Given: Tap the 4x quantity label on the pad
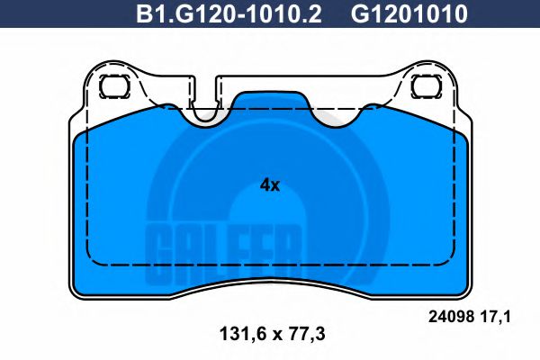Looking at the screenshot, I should tap(270, 185).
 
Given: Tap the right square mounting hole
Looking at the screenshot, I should tap(425, 87).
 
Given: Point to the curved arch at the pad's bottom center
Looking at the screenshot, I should tap(270, 281).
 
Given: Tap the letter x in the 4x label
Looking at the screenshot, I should tap(276, 186).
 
